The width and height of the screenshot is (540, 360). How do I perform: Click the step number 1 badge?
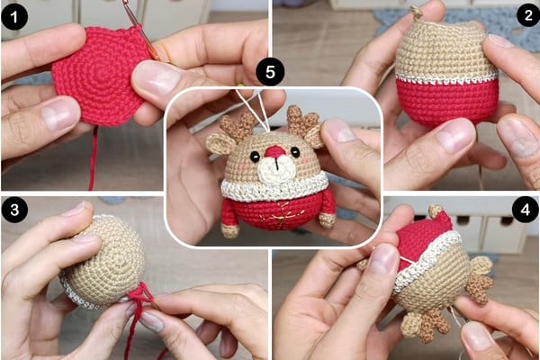click(x=14, y=17)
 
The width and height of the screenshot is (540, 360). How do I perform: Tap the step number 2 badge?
click(x=528, y=14)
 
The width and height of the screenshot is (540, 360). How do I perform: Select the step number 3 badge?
click(x=14, y=210)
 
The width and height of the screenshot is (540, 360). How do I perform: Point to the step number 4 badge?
click(x=526, y=210)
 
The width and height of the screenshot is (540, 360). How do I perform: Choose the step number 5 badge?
click(x=270, y=72)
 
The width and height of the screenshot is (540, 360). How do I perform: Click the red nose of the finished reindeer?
click(x=274, y=151)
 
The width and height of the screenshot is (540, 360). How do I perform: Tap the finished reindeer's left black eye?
click(x=255, y=156)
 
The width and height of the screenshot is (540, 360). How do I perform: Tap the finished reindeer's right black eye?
click(x=295, y=151)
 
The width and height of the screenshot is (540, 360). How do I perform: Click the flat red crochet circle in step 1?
click(x=101, y=76)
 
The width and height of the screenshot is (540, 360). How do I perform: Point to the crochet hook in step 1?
click(x=142, y=31)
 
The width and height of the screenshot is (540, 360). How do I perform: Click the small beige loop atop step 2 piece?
click(x=417, y=13)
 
